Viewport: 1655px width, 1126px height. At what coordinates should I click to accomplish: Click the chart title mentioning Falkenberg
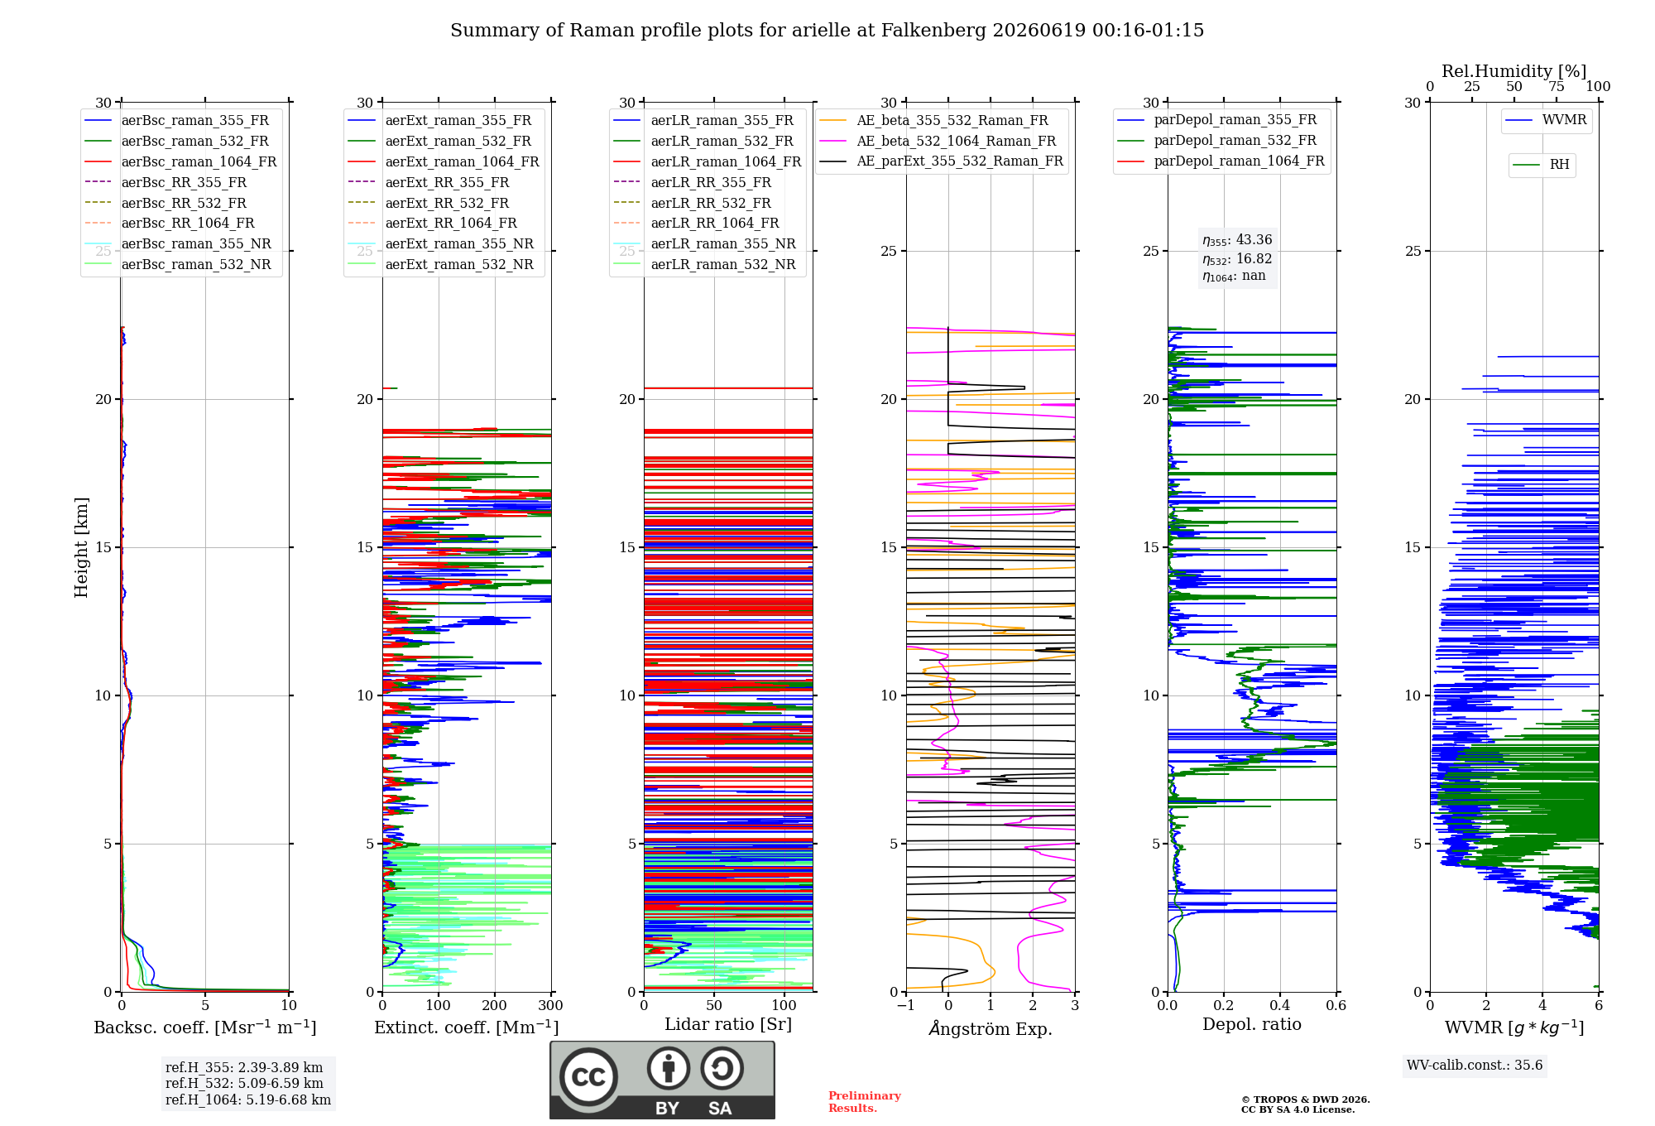827,31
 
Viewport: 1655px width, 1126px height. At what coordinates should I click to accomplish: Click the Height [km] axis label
81,547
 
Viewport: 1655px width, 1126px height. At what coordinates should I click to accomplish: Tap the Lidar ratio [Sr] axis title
728,1025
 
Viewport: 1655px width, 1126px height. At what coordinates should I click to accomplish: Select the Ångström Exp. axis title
991,1028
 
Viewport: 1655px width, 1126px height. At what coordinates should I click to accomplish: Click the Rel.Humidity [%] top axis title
1514,71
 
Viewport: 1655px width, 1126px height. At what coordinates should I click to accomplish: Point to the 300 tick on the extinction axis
551,1006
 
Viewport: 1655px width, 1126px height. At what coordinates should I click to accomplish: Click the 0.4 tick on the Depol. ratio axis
1280,1006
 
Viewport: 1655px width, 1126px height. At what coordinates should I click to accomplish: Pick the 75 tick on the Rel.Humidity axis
1557,87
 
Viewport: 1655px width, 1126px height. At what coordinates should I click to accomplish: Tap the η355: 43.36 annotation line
1237,240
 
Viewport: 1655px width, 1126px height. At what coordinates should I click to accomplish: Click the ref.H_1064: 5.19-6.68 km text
248,1100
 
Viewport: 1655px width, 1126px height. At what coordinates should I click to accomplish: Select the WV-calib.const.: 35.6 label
1475,1066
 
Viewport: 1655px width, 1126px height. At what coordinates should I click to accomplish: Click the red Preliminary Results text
865,1102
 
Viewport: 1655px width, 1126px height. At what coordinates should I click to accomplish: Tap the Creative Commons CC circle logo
588,1077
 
